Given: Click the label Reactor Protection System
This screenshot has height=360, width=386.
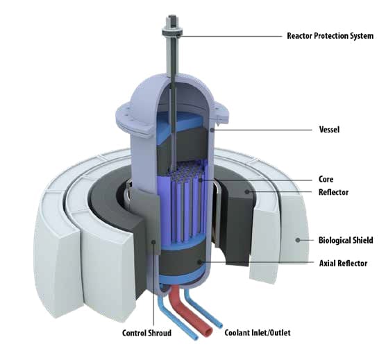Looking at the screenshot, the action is (330, 36).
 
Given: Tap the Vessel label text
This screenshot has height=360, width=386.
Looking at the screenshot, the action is (329, 129).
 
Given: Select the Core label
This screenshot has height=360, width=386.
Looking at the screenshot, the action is (326, 179).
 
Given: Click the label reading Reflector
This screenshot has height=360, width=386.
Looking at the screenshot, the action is (333, 192).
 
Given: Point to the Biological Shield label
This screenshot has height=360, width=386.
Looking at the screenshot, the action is (346, 240).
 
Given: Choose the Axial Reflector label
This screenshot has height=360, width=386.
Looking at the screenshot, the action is (343, 264).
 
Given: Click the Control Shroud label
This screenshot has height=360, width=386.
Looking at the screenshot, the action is (146, 333).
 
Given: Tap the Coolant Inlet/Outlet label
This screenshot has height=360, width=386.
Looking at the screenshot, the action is (258, 332).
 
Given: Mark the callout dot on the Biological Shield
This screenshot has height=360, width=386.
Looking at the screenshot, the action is (298, 240).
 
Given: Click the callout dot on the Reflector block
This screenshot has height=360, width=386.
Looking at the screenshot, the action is (247, 192).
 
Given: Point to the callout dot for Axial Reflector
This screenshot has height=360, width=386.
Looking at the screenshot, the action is (200, 263).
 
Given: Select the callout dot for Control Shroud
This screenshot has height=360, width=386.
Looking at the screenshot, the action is (153, 242).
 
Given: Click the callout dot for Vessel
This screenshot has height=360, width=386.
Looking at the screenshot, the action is (212, 130).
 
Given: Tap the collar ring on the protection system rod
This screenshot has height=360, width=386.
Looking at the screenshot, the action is (172, 32).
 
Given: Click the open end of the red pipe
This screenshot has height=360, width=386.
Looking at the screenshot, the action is (208, 332).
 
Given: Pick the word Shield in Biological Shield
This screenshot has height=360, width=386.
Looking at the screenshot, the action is (362, 240).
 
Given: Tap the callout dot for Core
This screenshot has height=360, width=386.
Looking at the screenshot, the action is (201, 180).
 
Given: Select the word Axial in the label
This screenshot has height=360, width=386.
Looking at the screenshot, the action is (327, 264).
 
